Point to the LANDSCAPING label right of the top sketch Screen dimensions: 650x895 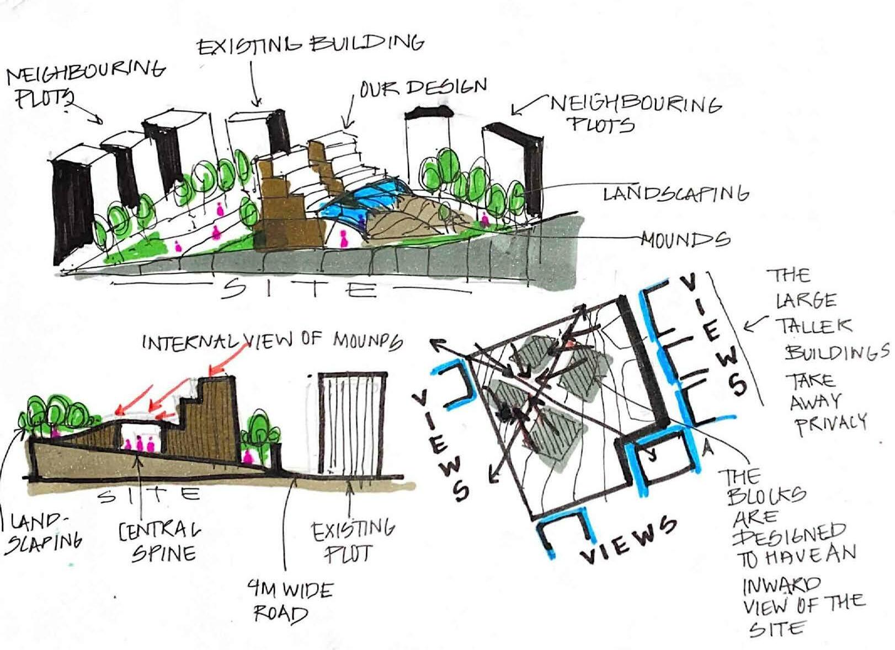[x=675, y=194]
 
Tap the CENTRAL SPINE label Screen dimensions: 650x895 [x=159, y=541]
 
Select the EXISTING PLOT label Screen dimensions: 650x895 [x=353, y=542]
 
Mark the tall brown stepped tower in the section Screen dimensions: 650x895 [x=218, y=419]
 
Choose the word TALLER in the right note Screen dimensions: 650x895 [x=814, y=326]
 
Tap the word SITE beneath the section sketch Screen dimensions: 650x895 [x=148, y=494]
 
